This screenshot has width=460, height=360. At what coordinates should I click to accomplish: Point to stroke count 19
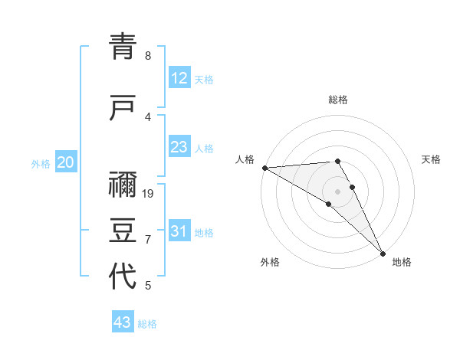(149, 193)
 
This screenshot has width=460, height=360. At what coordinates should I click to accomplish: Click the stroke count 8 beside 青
(148, 56)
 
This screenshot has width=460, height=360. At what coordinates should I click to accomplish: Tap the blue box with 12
(179, 78)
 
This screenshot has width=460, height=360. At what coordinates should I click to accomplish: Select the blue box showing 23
(179, 147)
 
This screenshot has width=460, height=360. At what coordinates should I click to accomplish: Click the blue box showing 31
(179, 231)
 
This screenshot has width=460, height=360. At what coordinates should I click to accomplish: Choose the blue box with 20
(66, 162)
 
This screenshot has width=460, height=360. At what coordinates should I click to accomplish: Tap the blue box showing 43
(123, 322)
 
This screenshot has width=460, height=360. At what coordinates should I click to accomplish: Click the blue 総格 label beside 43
(147, 323)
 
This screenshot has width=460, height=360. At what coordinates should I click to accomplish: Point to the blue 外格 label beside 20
(41, 163)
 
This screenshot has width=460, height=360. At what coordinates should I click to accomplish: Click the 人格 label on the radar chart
(245, 159)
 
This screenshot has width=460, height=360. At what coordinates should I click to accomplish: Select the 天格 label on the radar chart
(431, 159)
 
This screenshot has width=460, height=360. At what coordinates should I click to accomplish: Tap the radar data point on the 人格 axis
(264, 168)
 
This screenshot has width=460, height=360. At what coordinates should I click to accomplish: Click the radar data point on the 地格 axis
(383, 252)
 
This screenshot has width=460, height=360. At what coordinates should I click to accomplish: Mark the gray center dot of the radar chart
(337, 191)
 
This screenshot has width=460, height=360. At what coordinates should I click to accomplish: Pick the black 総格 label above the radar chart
(338, 100)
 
